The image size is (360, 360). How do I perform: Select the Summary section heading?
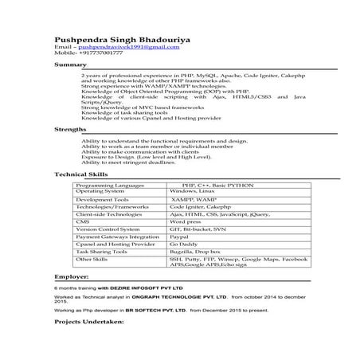point(70,64)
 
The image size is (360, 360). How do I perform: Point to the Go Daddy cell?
point(186,244)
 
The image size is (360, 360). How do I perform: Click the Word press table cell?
point(188,221)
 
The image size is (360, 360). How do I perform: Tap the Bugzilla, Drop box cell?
point(198,251)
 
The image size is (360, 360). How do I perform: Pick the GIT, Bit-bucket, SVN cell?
point(198,229)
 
